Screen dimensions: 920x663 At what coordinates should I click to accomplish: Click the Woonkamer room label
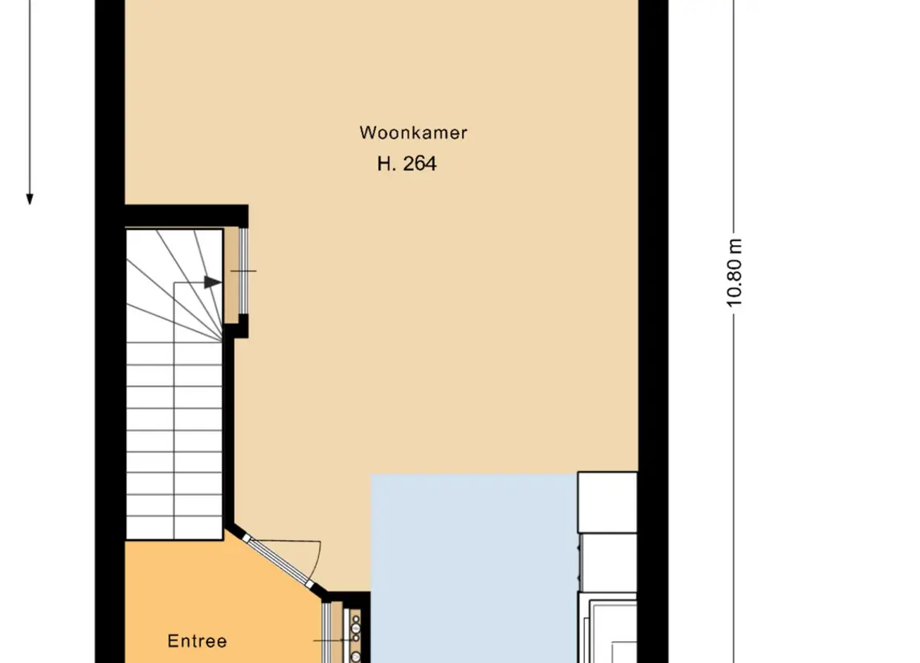(x=413, y=133)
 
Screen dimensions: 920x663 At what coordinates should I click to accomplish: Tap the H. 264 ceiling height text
(x=407, y=164)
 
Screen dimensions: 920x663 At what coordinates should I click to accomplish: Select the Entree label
(x=197, y=640)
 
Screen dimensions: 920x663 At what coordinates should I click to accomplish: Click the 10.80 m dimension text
(x=734, y=272)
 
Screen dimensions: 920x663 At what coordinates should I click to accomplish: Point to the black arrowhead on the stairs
(x=213, y=282)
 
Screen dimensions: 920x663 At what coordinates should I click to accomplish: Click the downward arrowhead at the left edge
(x=30, y=199)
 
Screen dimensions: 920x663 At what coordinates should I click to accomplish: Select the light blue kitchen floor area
(x=474, y=568)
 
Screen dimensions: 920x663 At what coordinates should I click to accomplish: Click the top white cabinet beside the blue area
(x=607, y=502)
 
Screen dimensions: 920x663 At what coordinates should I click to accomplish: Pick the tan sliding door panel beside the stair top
(x=232, y=275)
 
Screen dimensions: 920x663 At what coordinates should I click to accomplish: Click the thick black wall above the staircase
(x=186, y=216)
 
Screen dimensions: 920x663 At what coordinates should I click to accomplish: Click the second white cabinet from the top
(x=608, y=562)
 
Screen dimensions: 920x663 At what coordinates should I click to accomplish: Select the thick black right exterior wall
(x=653, y=331)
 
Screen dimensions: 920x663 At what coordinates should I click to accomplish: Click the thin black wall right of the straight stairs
(x=229, y=432)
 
